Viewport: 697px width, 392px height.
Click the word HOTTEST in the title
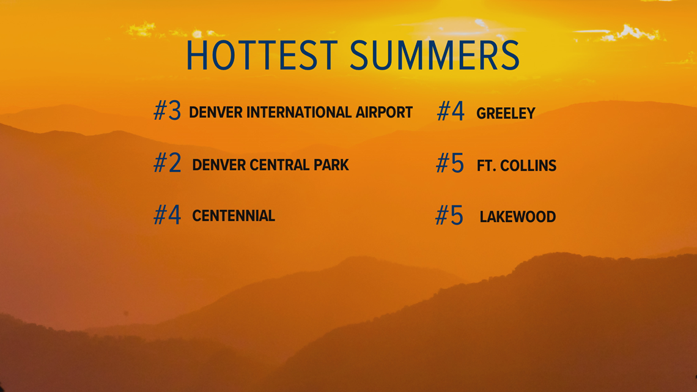coord(262,56)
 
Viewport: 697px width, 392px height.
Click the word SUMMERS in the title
coord(435,56)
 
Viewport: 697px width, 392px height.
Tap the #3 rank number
coord(167,110)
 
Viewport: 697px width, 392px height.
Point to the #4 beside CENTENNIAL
coord(167,215)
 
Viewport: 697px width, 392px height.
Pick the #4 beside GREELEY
coord(450,111)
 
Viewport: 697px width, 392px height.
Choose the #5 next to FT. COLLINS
coord(450,163)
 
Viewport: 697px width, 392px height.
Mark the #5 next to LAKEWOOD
coord(449,215)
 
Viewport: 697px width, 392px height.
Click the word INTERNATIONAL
coord(299,113)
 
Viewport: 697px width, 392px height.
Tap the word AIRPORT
coord(384,113)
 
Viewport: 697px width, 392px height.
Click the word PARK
coord(331,165)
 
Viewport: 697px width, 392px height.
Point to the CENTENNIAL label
coord(234,216)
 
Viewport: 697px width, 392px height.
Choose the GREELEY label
coord(506,113)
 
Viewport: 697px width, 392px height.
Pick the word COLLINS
coord(528,166)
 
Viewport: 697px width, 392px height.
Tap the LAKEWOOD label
coord(518,217)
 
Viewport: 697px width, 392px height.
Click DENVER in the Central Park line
coord(219,165)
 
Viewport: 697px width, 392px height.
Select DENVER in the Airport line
coord(216,113)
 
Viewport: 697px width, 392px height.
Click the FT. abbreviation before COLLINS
coord(486,166)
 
